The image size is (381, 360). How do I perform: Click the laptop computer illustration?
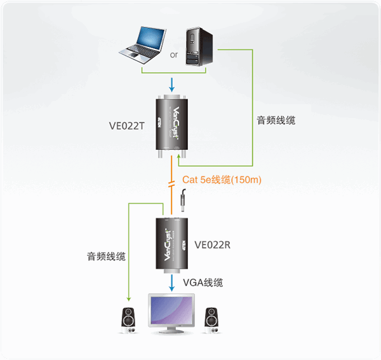point(142,46)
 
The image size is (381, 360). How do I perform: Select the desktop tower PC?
point(199,46)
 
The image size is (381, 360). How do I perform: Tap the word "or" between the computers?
point(174,55)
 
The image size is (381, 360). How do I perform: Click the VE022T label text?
point(127,126)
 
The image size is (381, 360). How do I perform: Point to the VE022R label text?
point(212,245)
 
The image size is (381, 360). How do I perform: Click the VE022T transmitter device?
point(172,126)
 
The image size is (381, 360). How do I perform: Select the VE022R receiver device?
point(172,245)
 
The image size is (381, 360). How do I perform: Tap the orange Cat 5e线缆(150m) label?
point(222,180)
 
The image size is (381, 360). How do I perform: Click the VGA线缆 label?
point(203,283)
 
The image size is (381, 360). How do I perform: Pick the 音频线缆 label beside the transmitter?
point(276,121)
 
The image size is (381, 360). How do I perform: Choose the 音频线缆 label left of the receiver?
point(106,257)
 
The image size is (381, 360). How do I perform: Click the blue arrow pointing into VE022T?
point(172,85)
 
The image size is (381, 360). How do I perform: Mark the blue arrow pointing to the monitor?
point(172,283)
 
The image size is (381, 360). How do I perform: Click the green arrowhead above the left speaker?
point(129,299)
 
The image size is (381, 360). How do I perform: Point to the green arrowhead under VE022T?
point(179,157)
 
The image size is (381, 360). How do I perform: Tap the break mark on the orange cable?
point(171,184)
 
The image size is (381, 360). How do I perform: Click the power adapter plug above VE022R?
point(183,200)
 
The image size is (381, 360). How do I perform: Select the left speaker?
point(128,321)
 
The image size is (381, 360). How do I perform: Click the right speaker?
point(211,321)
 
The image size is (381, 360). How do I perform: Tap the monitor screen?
point(171,310)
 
